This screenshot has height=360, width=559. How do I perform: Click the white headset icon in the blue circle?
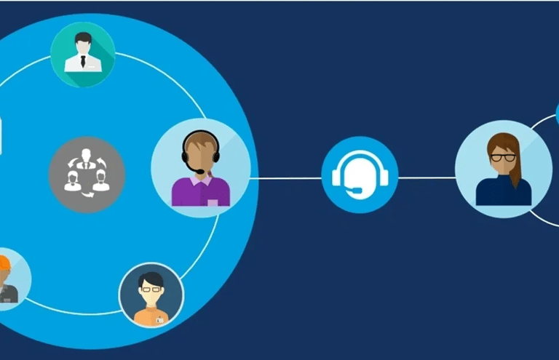tap(360, 176)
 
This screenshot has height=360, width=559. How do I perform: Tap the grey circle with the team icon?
tap(87, 175)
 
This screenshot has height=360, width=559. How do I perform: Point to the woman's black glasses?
tap(502, 157)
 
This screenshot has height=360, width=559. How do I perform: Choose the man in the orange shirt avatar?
tap(151, 295)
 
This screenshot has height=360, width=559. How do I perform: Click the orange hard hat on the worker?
tap(4, 263)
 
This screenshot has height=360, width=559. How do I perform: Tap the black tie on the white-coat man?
tap(82, 62)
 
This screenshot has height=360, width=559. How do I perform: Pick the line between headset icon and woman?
tap(426, 177)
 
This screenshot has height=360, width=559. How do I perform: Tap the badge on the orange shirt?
tap(159, 319)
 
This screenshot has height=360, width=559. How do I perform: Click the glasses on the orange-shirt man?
tap(151, 289)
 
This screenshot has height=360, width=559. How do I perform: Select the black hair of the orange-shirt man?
tap(151, 279)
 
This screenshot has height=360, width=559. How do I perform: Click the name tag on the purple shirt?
tap(212, 201)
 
